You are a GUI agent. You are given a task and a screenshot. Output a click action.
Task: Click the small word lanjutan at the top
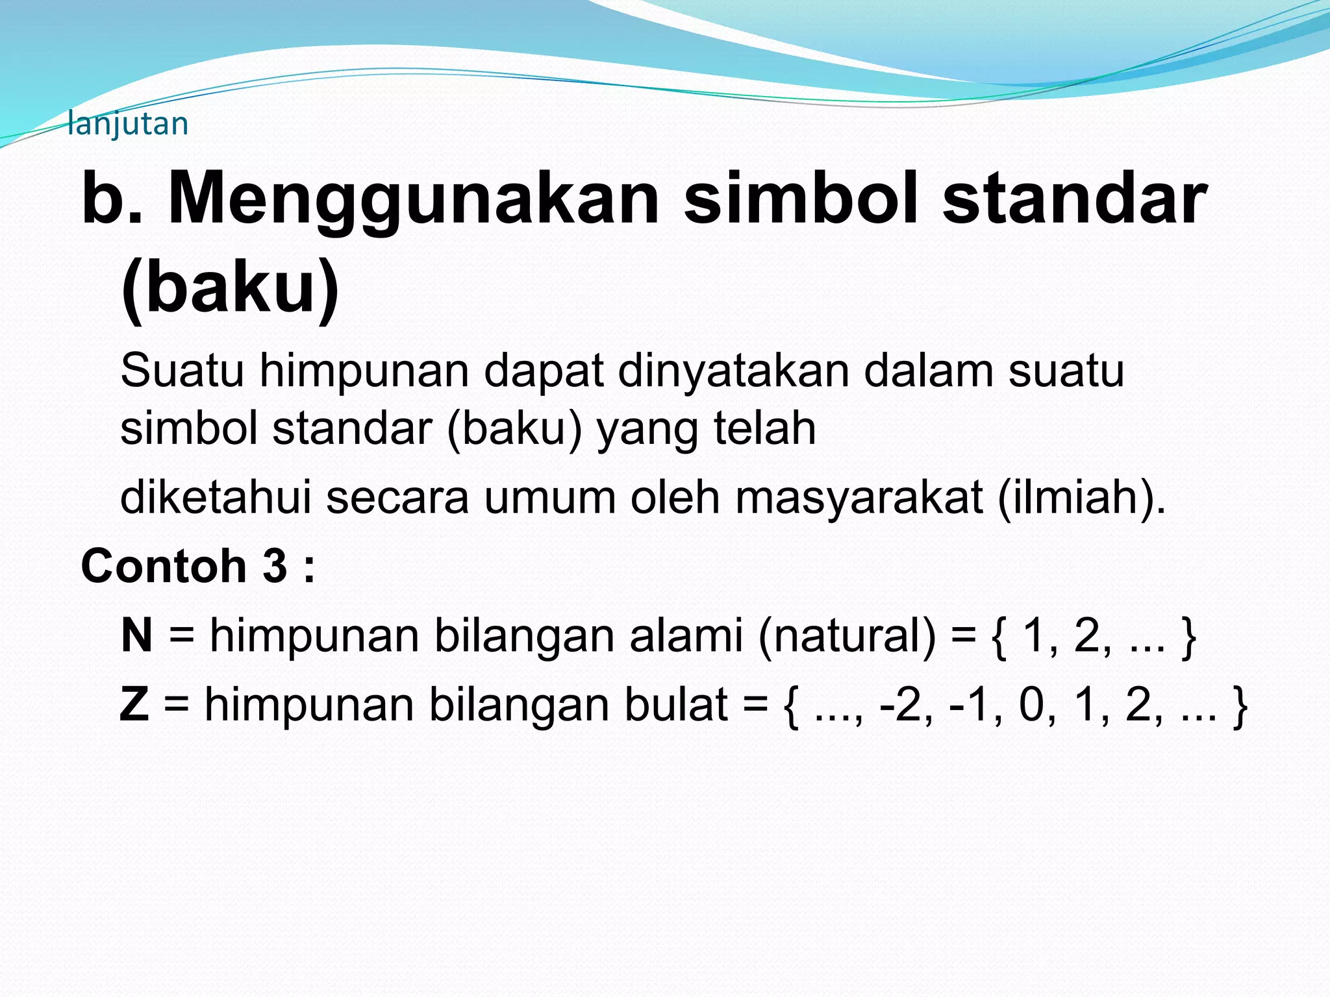pyautogui.click(x=128, y=123)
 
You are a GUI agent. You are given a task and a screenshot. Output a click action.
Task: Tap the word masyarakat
pyautogui.click(x=859, y=497)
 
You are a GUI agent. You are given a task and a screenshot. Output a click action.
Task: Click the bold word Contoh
pyautogui.click(x=163, y=566)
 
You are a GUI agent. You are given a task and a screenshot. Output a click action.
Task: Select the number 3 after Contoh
pyautogui.click(x=274, y=566)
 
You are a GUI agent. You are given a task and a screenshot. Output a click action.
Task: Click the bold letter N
pyautogui.click(x=136, y=635)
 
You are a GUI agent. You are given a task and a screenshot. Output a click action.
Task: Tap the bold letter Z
pyautogui.click(x=134, y=704)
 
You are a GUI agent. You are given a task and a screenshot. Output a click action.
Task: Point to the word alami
pyautogui.click(x=686, y=635)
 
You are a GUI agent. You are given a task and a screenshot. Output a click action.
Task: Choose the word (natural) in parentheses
pyautogui.click(x=847, y=635)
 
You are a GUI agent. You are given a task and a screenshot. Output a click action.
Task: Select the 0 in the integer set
pyautogui.click(x=1031, y=704)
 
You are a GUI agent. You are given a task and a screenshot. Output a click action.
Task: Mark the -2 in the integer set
pyautogui.click(x=899, y=704)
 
